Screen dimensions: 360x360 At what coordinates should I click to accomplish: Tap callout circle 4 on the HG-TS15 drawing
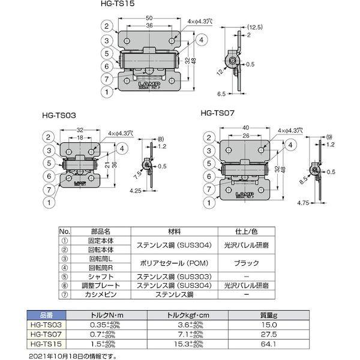tap(200, 40)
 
